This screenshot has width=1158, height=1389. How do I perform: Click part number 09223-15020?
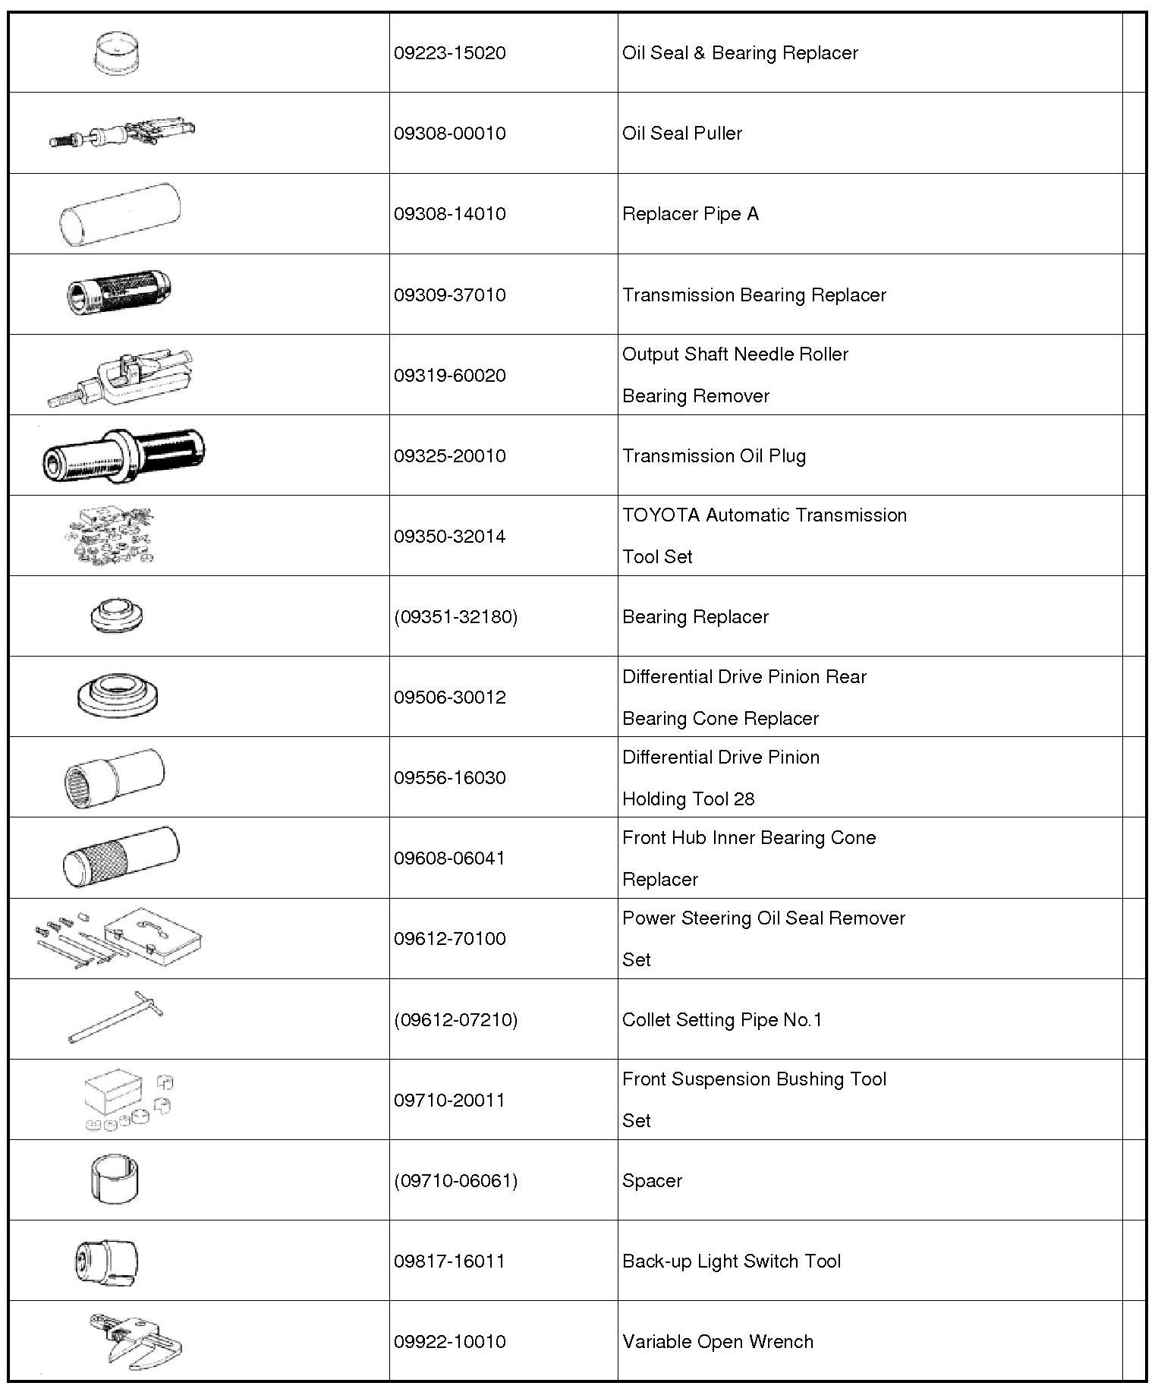point(449,53)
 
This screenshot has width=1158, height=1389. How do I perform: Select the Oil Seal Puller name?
point(681,134)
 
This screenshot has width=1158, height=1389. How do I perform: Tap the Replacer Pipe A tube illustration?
point(120,215)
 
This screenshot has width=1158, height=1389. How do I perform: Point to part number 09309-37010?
point(449,295)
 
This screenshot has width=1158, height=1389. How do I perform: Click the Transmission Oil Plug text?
point(713,456)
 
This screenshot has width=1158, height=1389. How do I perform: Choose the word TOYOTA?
point(660,515)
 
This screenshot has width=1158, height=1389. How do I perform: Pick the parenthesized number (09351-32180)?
point(455,617)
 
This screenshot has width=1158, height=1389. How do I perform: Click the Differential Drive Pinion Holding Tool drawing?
point(114,777)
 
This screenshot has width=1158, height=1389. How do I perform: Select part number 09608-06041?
point(449,858)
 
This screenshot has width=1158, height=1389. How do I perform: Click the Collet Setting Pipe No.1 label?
point(722,1020)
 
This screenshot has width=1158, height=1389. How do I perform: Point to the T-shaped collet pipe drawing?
point(116,1018)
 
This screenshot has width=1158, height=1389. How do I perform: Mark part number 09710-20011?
point(449,1101)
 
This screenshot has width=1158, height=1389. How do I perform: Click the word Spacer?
point(652,1181)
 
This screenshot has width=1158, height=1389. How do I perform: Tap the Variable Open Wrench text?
point(717,1342)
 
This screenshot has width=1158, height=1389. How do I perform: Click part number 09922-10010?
point(449,1342)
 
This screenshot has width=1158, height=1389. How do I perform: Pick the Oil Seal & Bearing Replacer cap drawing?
point(119,53)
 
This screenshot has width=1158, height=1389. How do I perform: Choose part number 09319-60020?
point(449,376)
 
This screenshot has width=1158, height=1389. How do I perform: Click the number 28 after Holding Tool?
point(744,799)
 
